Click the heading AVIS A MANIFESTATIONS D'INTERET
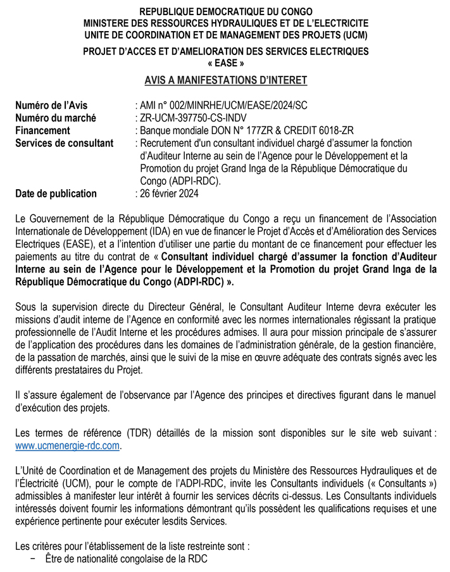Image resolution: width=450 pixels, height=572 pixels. pyautogui.click(x=225, y=80)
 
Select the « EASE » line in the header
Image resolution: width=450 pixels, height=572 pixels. pyautogui.click(x=225, y=63)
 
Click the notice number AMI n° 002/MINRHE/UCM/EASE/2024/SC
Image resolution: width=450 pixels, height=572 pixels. pyautogui.click(x=226, y=106)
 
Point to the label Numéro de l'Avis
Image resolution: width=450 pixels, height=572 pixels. pyautogui.click(x=51, y=106)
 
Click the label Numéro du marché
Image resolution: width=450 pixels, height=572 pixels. pyautogui.click(x=56, y=118)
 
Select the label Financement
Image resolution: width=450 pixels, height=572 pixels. pyautogui.click(x=42, y=130)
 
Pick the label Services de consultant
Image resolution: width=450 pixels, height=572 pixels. pyautogui.click(x=65, y=143)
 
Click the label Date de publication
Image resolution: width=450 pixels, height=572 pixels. pyautogui.click(x=56, y=194)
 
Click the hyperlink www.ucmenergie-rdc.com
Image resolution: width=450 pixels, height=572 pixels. pyautogui.click(x=67, y=445)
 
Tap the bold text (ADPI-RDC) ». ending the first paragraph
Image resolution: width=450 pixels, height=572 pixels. pyautogui.click(x=207, y=282)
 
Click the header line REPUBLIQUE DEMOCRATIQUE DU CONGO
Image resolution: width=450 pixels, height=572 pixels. pyautogui.click(x=225, y=12)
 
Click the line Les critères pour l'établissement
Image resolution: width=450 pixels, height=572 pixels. pyautogui.click(x=132, y=546)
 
